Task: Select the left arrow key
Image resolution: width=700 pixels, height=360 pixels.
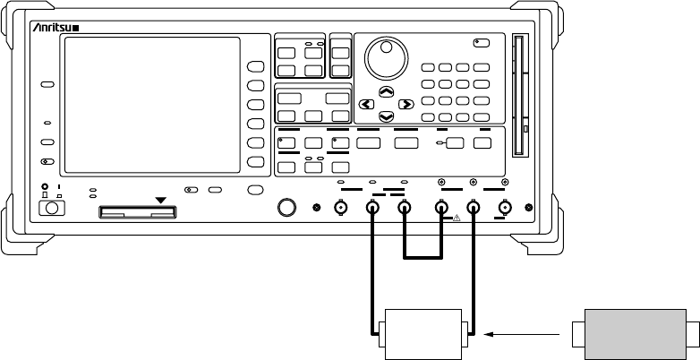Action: tap(365, 104)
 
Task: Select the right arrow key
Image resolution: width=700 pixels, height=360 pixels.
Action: tap(405, 104)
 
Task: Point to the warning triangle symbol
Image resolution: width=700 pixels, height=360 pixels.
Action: tap(456, 218)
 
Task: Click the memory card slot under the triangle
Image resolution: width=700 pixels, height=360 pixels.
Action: tap(139, 213)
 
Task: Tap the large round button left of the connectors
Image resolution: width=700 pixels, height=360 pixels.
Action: tap(286, 208)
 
